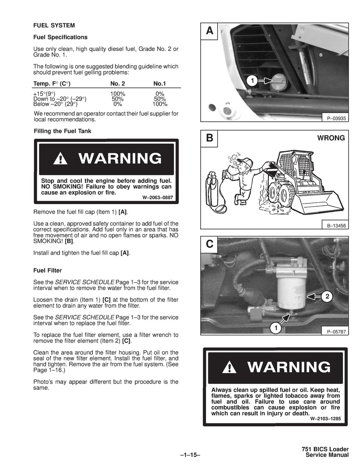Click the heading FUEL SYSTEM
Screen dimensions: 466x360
pyautogui.click(x=54, y=25)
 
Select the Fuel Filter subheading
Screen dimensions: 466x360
pyautogui.click(x=47, y=270)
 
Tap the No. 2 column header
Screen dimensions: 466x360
pyautogui.click(x=117, y=84)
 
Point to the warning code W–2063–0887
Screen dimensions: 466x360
pyautogui.click(x=157, y=198)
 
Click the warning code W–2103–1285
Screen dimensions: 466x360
pyautogui.click(x=326, y=419)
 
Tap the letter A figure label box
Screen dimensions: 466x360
pyautogui.click(x=210, y=31)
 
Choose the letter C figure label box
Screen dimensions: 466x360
pyautogui.click(x=210, y=244)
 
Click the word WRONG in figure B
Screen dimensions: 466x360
pyautogui.click(x=331, y=138)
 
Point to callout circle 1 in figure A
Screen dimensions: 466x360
pyautogui.click(x=252, y=82)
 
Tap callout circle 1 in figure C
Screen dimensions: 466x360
pyautogui.click(x=276, y=329)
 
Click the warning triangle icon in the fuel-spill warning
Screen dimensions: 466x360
pyautogui.click(x=231, y=368)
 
